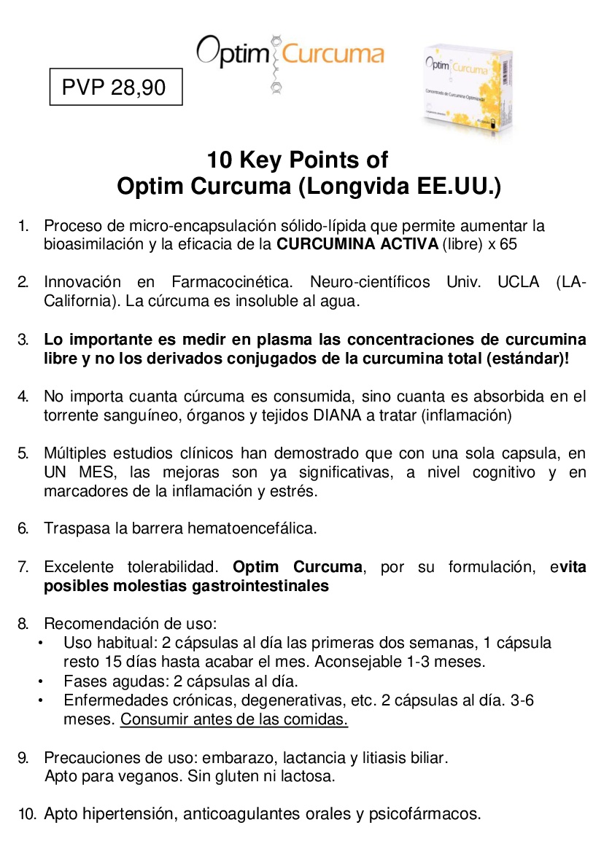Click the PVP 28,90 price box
(114, 88)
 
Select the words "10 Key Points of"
(297, 160)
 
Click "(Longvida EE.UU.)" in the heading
(400, 187)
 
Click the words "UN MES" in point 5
(74, 472)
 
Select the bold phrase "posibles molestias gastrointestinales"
(186, 585)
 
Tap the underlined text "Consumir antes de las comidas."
(234, 719)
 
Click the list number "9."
(23, 757)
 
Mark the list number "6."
(23, 528)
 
